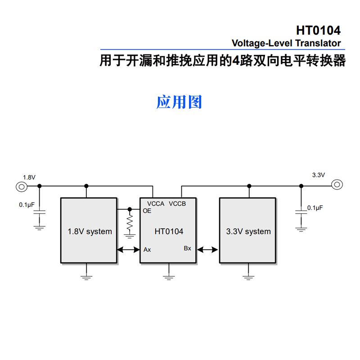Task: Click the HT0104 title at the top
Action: [x=318, y=31]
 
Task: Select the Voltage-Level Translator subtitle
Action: [x=286, y=44]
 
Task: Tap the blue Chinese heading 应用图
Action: [x=179, y=102]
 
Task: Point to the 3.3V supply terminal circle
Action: [x=337, y=184]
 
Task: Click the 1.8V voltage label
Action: [x=29, y=177]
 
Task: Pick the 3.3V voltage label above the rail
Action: [x=318, y=175]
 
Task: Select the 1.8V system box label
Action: [x=90, y=232]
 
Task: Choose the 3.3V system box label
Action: [x=248, y=232]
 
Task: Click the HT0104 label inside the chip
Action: [x=169, y=232]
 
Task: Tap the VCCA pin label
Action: [x=156, y=204]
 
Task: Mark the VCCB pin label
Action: [x=177, y=204]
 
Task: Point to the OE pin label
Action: [x=147, y=211]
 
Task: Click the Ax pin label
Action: [x=147, y=249]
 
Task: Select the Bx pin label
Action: [x=187, y=248]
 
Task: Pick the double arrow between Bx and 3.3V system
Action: [x=208, y=249]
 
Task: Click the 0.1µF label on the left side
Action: [x=27, y=205]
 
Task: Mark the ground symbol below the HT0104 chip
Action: [x=169, y=276]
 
